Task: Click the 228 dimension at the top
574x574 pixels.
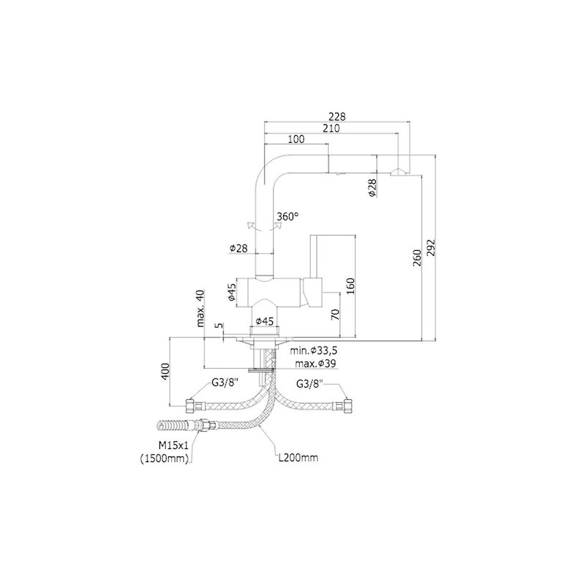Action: click(x=337, y=116)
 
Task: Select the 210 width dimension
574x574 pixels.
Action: click(x=331, y=128)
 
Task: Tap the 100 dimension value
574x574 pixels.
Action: click(x=297, y=139)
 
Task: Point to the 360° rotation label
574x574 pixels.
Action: click(x=287, y=216)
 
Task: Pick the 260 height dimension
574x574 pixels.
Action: click(x=416, y=258)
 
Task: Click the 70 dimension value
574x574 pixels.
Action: click(x=335, y=314)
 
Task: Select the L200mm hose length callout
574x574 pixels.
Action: click(x=298, y=458)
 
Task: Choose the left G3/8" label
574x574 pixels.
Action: click(x=226, y=383)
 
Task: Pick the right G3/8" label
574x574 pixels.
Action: click(x=310, y=383)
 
